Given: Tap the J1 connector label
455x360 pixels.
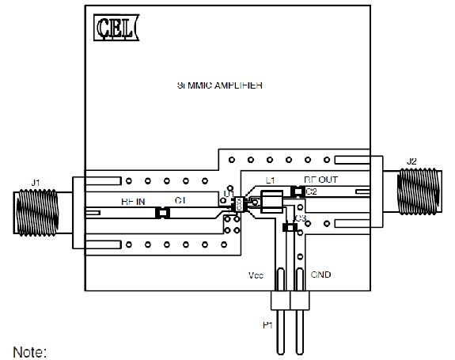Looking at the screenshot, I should coord(35,183).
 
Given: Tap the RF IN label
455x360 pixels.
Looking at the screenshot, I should coord(133,202).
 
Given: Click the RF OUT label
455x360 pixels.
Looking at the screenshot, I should coord(320,180).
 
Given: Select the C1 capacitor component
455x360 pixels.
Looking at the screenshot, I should coord(162,212).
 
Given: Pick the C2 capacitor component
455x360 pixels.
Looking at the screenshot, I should coord(298,191).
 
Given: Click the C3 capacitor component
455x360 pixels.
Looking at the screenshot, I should coord(290,228).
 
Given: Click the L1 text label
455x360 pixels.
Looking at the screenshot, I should coord(271,181).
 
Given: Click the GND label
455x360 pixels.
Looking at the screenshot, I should coord(320,275).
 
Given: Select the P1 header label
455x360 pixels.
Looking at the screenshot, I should coord(267,325).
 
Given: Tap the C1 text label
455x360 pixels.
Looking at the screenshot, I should coord(180,202).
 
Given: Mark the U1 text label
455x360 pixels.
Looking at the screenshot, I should coord(228,193).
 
